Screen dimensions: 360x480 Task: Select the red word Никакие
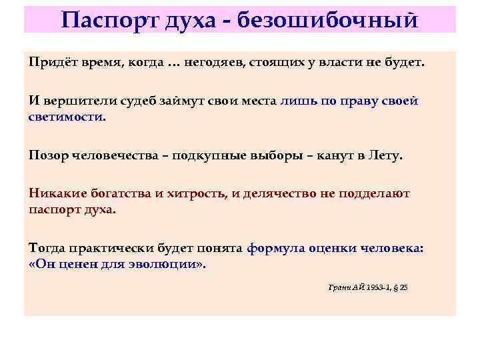(56, 193)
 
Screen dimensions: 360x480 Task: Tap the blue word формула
(276, 248)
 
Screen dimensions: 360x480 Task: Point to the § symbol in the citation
(397, 287)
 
